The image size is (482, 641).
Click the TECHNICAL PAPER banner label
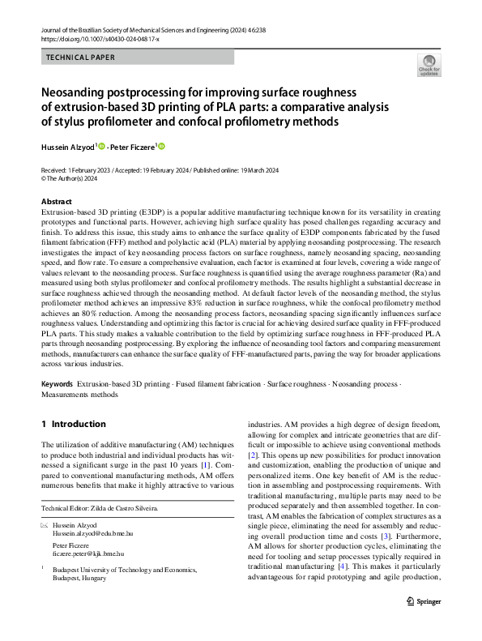81,58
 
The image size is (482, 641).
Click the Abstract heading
57,201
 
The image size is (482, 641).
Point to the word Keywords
57,381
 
